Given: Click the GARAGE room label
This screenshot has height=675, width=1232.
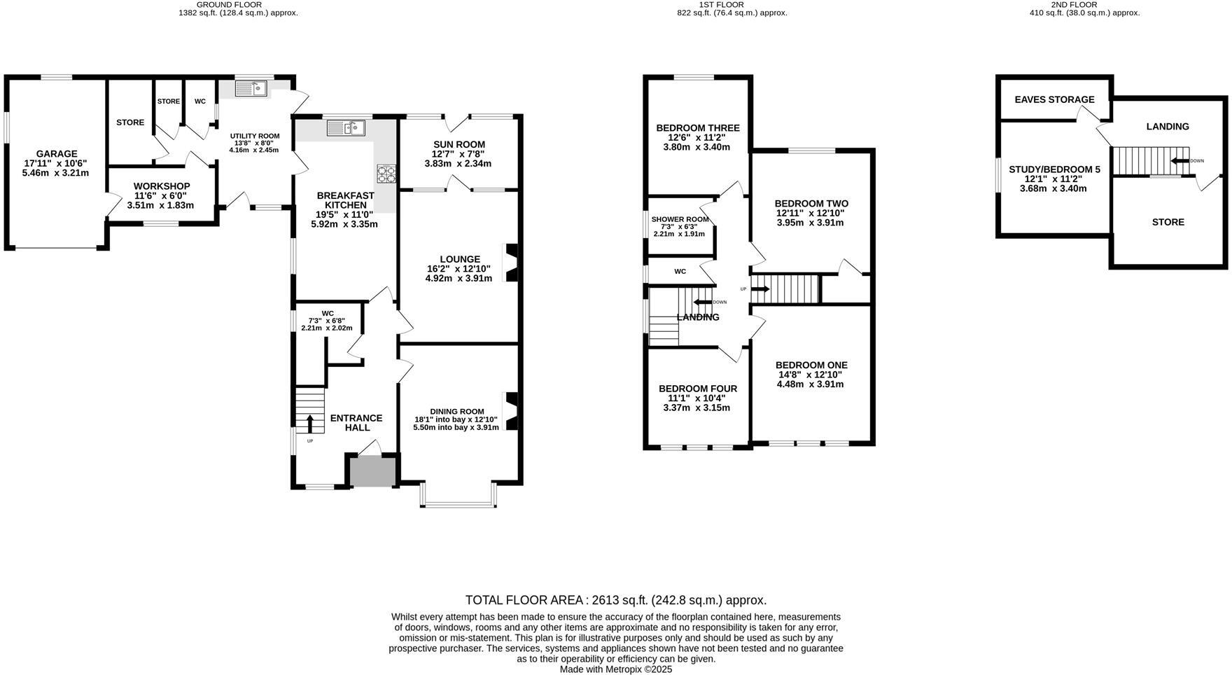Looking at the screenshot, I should point(57,154).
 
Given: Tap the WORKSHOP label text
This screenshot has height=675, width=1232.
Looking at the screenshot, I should point(162,186).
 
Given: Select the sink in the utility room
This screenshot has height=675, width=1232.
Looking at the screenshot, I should point(251,88).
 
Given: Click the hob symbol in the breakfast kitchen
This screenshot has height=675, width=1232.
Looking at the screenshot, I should point(386,173).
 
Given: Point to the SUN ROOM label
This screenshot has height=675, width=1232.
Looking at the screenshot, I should point(458,144).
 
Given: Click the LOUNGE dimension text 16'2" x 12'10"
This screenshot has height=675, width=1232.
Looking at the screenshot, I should point(459,269).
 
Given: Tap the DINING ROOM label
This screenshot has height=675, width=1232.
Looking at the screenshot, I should point(456,411).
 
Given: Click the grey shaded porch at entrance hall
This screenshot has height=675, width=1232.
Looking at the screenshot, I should point(372,471).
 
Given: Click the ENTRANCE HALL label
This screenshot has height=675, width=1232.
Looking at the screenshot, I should point(356,423).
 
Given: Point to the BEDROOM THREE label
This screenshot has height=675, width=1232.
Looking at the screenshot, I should point(697,128).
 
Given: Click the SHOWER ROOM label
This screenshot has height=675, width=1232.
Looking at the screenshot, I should point(680,219).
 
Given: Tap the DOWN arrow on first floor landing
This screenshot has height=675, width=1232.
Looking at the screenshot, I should point(702,302).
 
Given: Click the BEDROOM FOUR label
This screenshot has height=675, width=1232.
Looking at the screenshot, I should point(697,389).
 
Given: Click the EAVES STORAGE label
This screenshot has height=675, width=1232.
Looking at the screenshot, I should point(1054,99).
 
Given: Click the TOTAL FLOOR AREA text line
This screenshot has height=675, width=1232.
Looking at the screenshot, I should point(616,600).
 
